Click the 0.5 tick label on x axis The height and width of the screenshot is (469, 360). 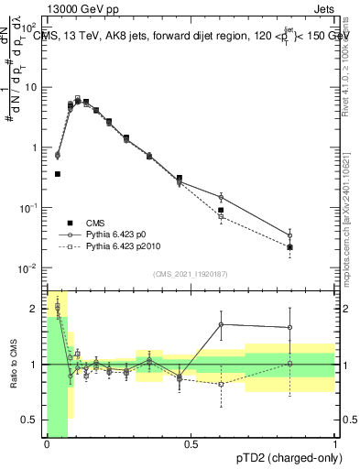[191, 445]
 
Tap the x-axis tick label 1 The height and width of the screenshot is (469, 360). [334, 445]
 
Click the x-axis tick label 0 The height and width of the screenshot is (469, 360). [47, 445]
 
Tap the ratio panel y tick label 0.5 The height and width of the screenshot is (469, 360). [33, 420]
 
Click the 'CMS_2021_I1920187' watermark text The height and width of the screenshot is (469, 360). [191, 274]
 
